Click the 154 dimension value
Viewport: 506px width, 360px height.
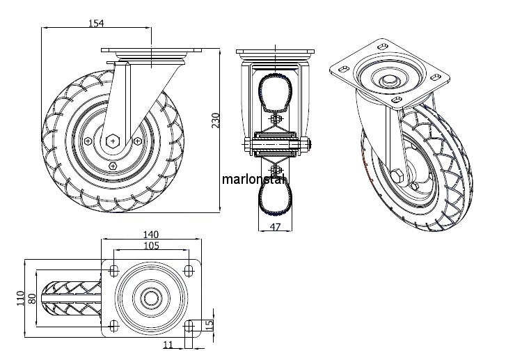[x=96, y=23]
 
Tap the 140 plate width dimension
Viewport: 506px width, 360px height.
[x=152, y=234]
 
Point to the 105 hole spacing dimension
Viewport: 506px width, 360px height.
[x=152, y=245]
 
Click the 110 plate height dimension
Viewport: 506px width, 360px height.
[x=22, y=299]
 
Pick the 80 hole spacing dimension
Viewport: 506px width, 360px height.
[x=32, y=299]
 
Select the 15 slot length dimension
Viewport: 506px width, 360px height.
[x=209, y=325]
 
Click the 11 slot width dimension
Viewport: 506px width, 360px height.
[x=168, y=344]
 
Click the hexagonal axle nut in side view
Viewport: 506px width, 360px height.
[x=113, y=141]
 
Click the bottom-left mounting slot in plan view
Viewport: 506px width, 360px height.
[x=113, y=324]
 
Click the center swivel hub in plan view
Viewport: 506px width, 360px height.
[x=151, y=297]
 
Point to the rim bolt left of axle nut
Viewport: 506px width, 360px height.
[x=87, y=141]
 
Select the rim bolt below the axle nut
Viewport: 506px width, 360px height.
[x=113, y=166]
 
